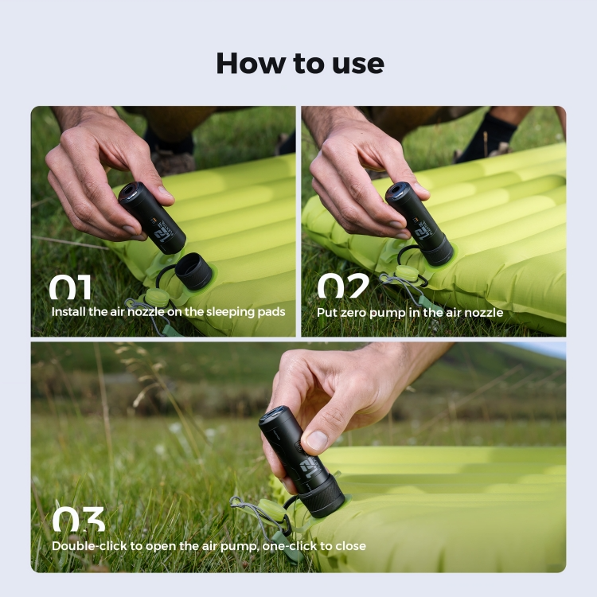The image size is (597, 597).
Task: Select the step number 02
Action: tap(343, 286)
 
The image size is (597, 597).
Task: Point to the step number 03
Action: tap(79, 519)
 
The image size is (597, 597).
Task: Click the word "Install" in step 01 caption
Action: tap(68, 312)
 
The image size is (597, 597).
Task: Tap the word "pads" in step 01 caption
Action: tap(271, 312)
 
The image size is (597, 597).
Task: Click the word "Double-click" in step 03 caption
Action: tap(89, 546)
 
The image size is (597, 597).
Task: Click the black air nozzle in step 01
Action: tap(193, 271)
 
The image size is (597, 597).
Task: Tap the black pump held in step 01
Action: tap(151, 217)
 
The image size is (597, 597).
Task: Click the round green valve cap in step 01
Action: tap(157, 298)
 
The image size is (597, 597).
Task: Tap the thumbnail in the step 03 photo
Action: tap(317, 440)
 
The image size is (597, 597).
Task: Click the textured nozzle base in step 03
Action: tap(323, 495)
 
